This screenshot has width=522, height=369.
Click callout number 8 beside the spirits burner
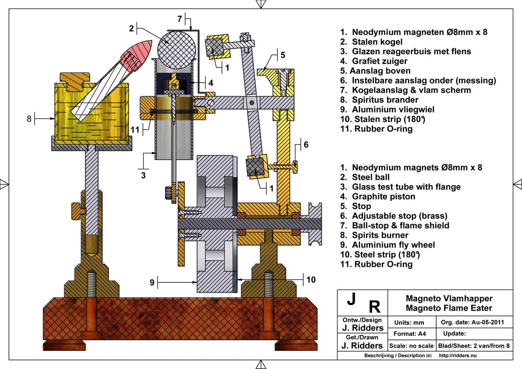[30, 118]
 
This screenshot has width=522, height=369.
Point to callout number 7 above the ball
[180, 19]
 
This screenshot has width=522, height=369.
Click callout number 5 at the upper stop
[282, 55]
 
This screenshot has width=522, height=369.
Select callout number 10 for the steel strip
[311, 279]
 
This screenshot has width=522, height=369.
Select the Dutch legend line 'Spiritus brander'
[379, 99]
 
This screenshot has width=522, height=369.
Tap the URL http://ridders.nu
[458, 355]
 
